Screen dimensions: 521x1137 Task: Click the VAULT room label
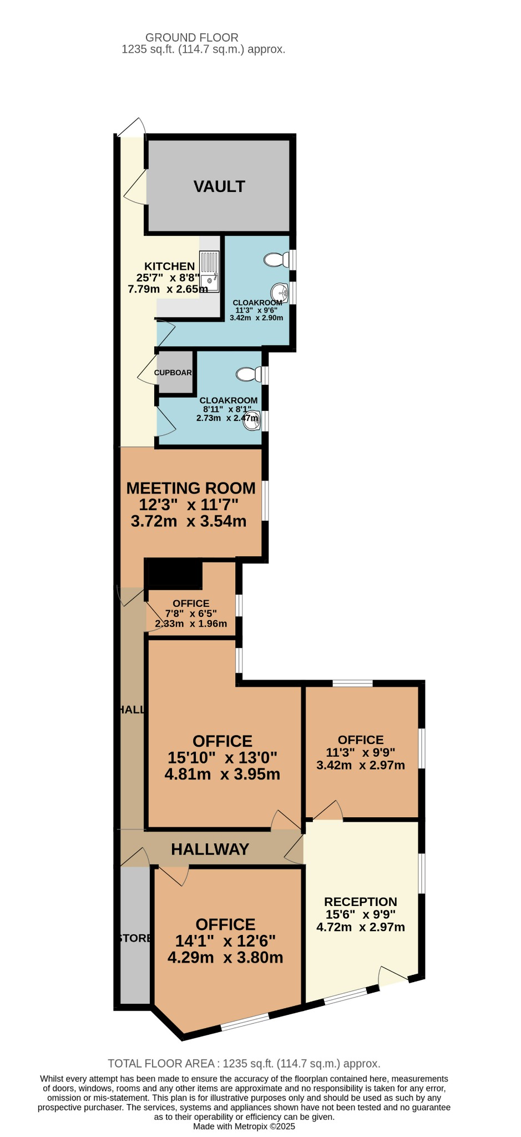coord(219,187)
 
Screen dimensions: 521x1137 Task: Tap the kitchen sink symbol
coord(209,271)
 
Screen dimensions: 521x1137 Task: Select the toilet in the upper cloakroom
coord(277,259)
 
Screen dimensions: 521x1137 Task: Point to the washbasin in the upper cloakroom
coord(280,291)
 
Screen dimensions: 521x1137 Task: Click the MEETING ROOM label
coord(191,488)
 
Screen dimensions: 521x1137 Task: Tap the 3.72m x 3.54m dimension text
coord(189,521)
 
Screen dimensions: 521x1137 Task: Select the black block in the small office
coord(174,574)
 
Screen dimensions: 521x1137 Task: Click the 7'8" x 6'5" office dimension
coord(191,613)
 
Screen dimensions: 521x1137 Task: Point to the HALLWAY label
coord(210,849)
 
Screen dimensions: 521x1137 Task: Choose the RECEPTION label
coord(361,902)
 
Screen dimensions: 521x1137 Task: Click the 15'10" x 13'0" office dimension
coord(222,758)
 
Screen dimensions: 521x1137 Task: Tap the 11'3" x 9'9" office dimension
coord(361,753)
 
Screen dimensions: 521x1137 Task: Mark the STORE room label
coord(135,938)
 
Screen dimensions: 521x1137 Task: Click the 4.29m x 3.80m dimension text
coord(225,958)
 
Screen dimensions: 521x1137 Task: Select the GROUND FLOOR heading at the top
coord(192,38)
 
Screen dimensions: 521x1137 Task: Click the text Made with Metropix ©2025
coord(244,1126)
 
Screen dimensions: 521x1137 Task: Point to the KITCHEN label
coord(170,266)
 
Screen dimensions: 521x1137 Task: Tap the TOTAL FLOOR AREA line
coord(244,1064)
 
